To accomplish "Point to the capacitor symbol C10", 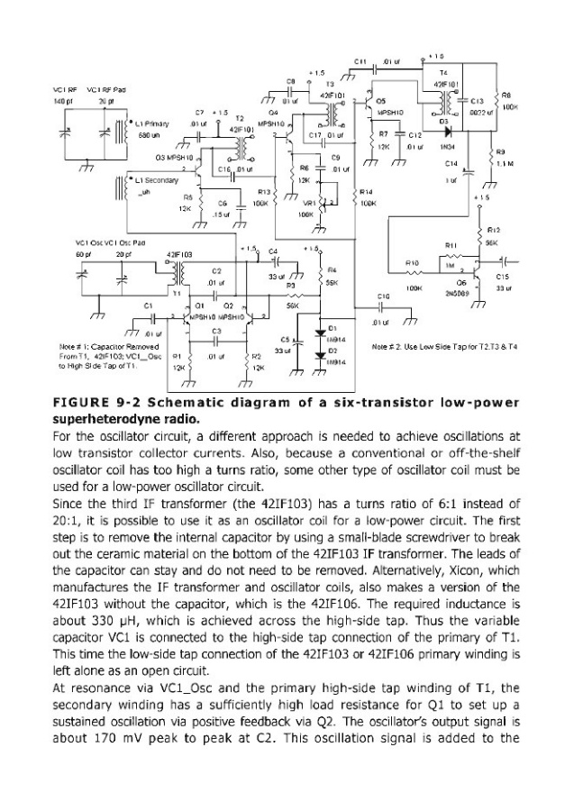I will pyautogui.click(x=385, y=309).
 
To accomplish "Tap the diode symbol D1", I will pyautogui.click(x=322, y=332).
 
